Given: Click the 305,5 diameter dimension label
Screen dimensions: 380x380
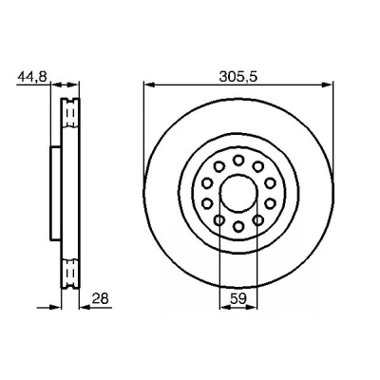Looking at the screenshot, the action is point(237,77).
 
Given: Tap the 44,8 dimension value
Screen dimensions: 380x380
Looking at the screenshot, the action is point(32,77).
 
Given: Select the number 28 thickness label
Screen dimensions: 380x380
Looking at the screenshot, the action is point(100,298).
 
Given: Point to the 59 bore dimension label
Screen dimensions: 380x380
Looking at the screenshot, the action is point(238,298).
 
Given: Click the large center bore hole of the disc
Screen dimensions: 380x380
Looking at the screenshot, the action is point(238,194).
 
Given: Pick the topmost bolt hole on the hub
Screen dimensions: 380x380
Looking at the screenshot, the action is point(238,161).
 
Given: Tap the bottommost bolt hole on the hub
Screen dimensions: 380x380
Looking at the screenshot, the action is point(238,226).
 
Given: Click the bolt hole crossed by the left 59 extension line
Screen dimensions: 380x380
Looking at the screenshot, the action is point(219,219).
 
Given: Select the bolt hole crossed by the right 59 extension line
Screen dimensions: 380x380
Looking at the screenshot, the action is point(258,219).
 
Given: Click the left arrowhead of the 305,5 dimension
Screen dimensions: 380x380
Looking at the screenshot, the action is point(149,85).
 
